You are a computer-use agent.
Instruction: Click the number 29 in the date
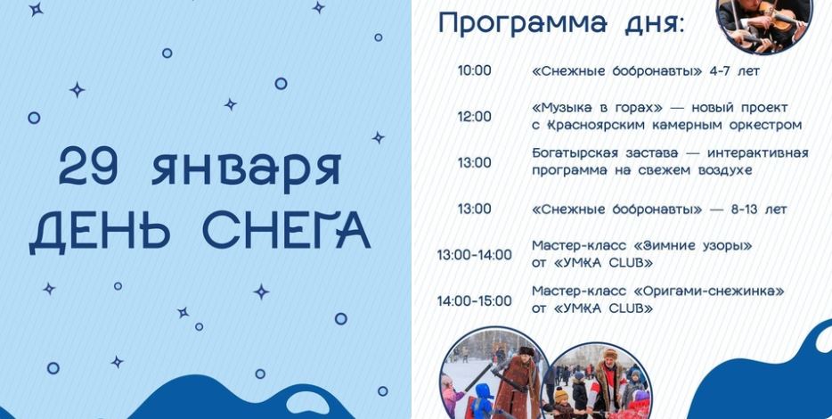[87, 166]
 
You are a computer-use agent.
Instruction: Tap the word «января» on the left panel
[246, 168]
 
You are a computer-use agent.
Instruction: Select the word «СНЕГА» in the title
[287, 231]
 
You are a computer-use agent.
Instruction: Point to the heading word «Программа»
[523, 24]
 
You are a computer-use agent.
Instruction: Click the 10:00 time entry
[475, 70]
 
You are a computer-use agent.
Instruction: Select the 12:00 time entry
[475, 117]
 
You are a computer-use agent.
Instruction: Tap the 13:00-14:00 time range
[475, 255]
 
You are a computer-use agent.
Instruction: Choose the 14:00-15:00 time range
[475, 301]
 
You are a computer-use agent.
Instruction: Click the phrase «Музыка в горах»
[598, 109]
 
